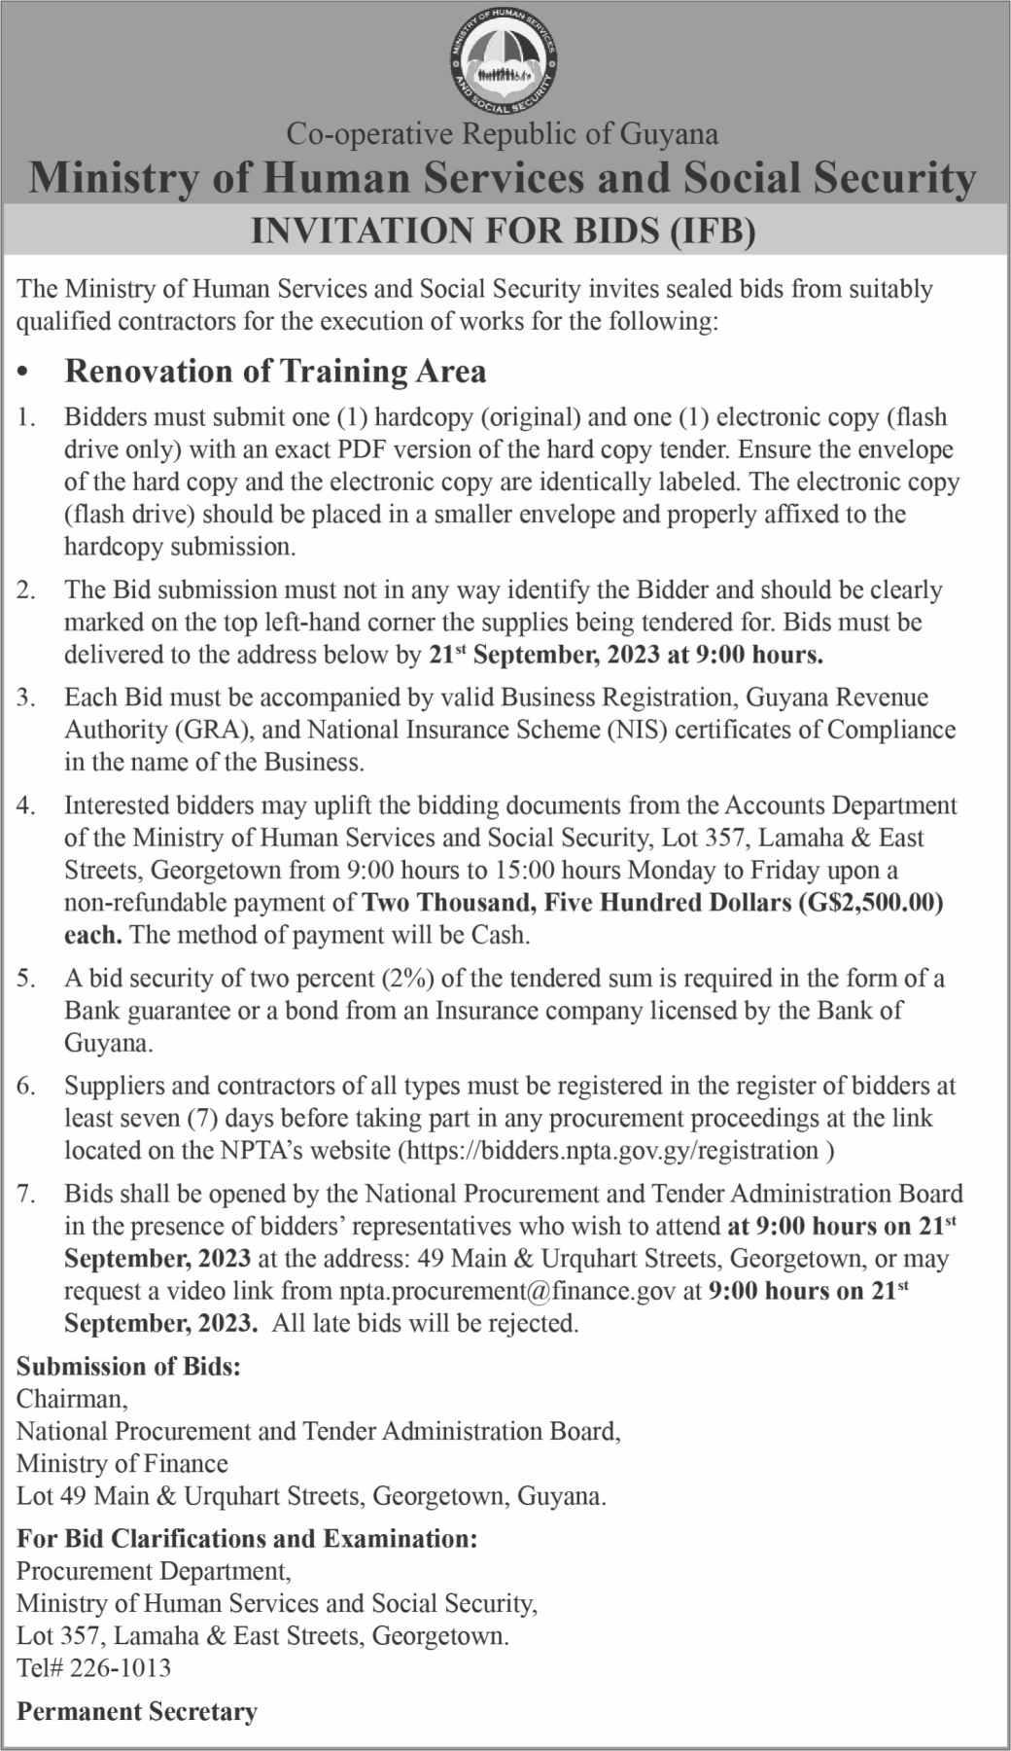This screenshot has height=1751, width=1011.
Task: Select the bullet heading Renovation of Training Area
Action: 275,371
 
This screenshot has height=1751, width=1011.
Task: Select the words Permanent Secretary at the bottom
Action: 137,1711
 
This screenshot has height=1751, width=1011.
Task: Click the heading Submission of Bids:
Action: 128,1366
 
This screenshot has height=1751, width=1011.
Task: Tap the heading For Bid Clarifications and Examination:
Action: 247,1538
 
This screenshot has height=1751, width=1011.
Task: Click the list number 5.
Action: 26,978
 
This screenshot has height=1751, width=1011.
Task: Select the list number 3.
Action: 26,697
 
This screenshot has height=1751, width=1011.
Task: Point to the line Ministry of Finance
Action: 122,1463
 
